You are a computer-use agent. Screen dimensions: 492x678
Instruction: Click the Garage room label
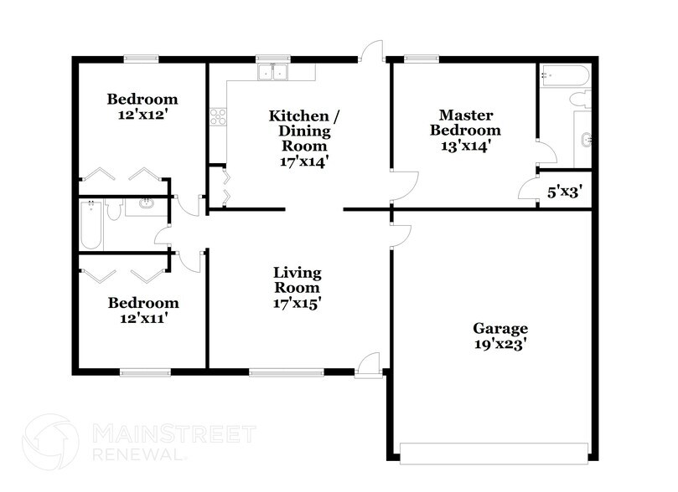499,329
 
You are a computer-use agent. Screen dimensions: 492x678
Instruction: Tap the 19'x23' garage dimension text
499,344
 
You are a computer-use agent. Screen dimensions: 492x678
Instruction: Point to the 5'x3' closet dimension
565,192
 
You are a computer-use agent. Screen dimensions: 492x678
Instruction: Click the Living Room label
298,280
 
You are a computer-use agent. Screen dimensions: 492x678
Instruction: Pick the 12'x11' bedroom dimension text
143,318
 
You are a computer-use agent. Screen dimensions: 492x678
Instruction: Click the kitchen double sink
272,72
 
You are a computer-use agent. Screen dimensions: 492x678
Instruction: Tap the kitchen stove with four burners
218,117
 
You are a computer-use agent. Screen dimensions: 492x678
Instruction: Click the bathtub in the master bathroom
565,75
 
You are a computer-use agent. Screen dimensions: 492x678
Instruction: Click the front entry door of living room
368,366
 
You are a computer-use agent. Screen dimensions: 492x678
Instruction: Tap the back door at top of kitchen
372,52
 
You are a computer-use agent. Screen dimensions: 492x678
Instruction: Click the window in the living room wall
286,372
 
